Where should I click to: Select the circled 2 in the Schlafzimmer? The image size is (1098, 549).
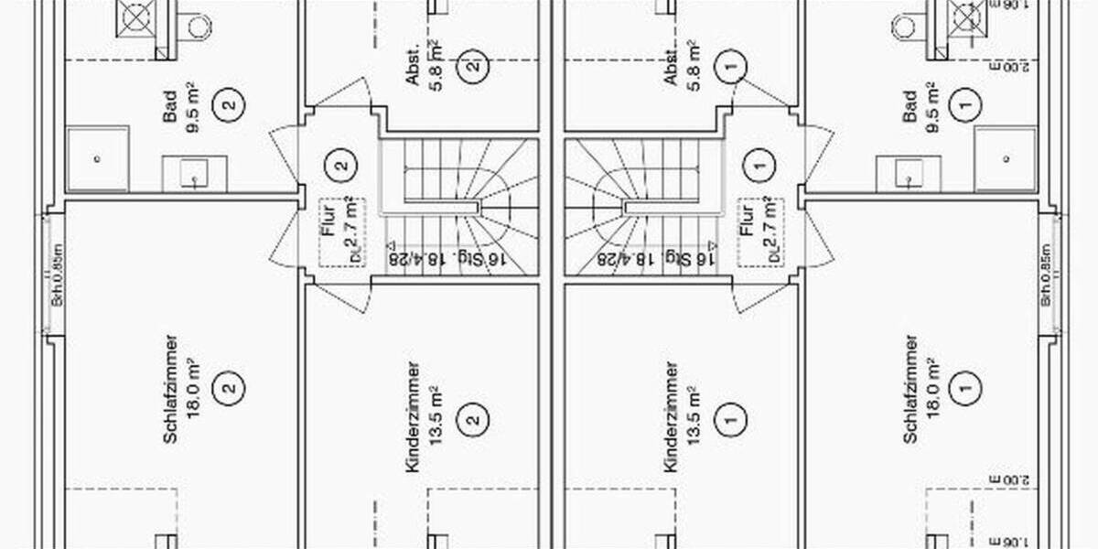(228, 388)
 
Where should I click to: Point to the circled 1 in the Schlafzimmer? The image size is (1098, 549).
(964, 388)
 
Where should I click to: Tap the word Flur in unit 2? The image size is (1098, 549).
(329, 220)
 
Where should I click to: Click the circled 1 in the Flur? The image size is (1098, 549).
(757, 166)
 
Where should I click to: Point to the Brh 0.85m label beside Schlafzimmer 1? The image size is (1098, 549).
(1046, 274)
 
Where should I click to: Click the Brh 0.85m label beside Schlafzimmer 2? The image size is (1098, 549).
(57, 274)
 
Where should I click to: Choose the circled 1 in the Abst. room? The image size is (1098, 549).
(731, 66)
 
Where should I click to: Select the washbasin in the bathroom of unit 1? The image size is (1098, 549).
(908, 172)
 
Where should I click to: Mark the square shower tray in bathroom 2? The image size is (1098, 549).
(97, 158)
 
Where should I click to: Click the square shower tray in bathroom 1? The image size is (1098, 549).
(1005, 158)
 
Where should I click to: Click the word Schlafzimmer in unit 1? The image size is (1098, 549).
(910, 389)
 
